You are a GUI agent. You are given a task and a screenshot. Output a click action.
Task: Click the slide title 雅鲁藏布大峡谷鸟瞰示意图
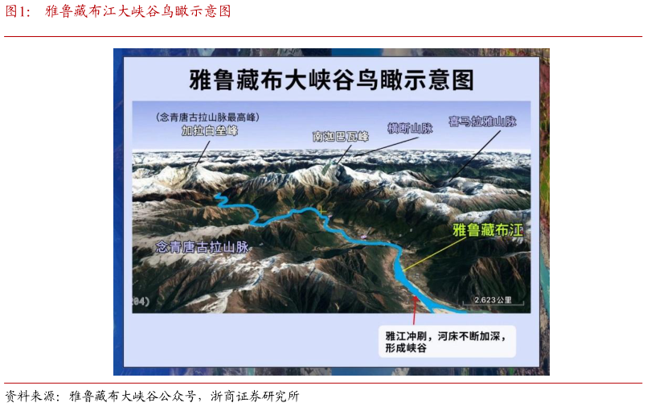point(331,80)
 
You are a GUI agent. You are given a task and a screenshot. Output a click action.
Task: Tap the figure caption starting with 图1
point(118,11)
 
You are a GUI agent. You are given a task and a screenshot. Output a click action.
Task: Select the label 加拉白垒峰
point(210,131)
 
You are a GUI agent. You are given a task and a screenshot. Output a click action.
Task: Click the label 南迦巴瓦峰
point(340,137)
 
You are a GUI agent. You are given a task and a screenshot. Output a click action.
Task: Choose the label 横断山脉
point(410,128)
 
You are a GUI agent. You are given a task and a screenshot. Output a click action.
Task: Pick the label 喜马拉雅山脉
point(482,122)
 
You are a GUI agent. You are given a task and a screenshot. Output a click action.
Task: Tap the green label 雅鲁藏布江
point(487,230)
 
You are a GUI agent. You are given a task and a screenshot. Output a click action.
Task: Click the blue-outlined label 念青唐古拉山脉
point(202,247)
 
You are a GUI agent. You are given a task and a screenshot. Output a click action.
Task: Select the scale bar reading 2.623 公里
point(493,300)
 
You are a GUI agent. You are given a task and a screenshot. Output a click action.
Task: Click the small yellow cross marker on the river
point(321,212)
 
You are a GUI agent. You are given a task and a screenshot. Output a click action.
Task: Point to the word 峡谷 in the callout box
point(416,349)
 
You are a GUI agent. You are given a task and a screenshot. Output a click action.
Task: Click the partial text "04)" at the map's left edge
point(141,301)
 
